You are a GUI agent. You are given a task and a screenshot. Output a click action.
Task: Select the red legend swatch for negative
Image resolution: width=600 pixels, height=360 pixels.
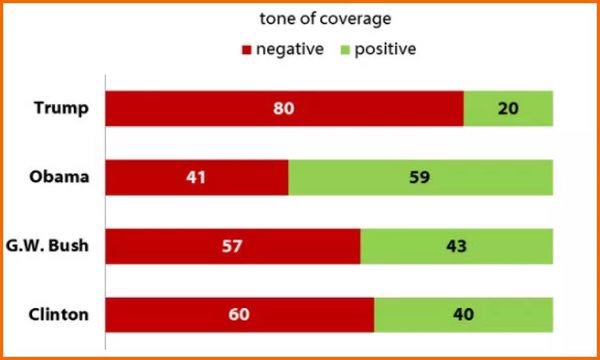pos(246,48)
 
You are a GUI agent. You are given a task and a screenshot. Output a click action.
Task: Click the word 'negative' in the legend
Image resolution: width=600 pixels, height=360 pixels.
pos(289,48)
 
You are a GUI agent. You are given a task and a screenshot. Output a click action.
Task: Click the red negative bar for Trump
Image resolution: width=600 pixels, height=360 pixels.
pos(200,107)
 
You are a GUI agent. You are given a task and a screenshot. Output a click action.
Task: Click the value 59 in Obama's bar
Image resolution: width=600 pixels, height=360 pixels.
pos(421,177)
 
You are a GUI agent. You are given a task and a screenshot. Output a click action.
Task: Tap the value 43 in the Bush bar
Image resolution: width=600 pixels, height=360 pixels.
pos(457,246)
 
